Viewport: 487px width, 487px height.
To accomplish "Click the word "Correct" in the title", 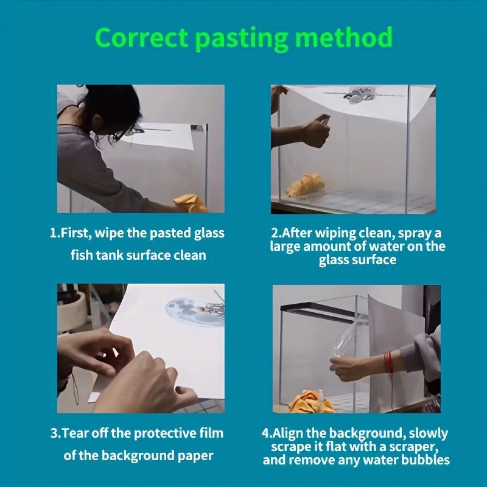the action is (142, 38).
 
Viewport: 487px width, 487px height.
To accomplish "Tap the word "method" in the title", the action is (343, 37).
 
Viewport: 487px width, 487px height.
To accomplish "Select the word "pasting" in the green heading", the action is (242, 40).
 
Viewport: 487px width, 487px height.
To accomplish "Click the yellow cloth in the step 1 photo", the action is (190, 203).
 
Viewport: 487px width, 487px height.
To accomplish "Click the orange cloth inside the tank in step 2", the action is (305, 184).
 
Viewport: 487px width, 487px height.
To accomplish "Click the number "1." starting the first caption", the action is (54, 233).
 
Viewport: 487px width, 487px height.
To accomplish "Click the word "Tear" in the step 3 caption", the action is (73, 433).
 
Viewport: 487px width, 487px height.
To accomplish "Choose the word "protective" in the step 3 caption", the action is (164, 433).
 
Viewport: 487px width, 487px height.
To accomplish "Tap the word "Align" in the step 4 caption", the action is (287, 433).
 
